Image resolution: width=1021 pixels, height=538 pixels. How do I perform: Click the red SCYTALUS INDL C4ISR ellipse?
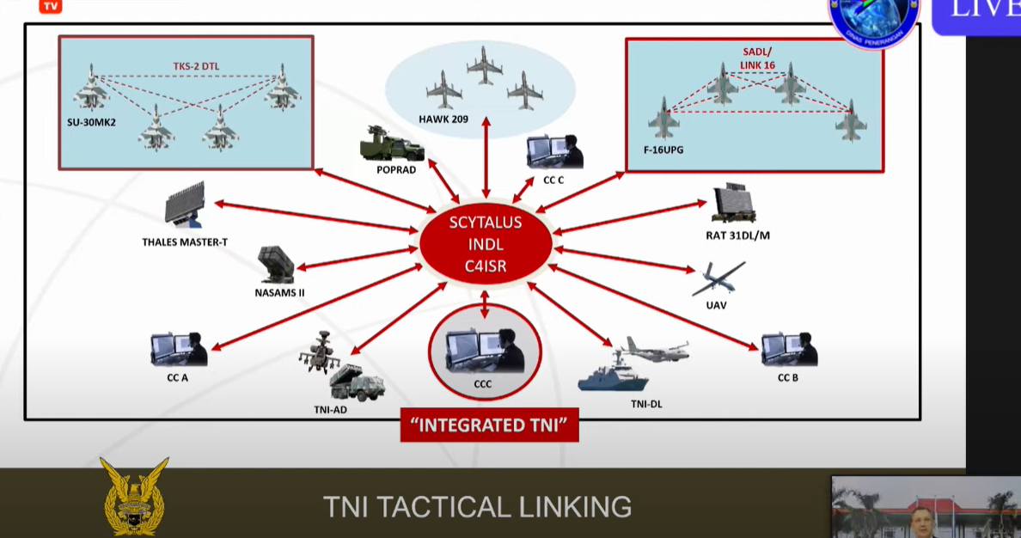pyautogui.click(x=485, y=244)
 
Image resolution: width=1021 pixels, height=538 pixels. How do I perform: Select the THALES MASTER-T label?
pyautogui.click(x=185, y=242)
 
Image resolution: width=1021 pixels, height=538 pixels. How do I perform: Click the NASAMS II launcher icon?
pyautogui.click(x=277, y=264)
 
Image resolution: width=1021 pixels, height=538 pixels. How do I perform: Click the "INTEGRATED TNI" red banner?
pyautogui.click(x=489, y=425)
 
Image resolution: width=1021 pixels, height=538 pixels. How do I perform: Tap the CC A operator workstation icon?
pyautogui.click(x=179, y=350)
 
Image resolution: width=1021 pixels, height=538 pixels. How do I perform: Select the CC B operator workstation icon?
pyautogui.click(x=788, y=349)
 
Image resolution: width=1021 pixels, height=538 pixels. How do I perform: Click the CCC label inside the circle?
pyautogui.click(x=482, y=384)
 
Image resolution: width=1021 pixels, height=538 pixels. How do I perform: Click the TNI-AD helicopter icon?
pyautogui.click(x=320, y=352)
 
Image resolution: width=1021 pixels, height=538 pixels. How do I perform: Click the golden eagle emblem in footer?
pyautogui.click(x=134, y=497)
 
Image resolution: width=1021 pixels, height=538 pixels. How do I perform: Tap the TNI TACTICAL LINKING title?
pyautogui.click(x=477, y=506)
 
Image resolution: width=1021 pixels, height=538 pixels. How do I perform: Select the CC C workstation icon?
pyautogui.click(x=553, y=153)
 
